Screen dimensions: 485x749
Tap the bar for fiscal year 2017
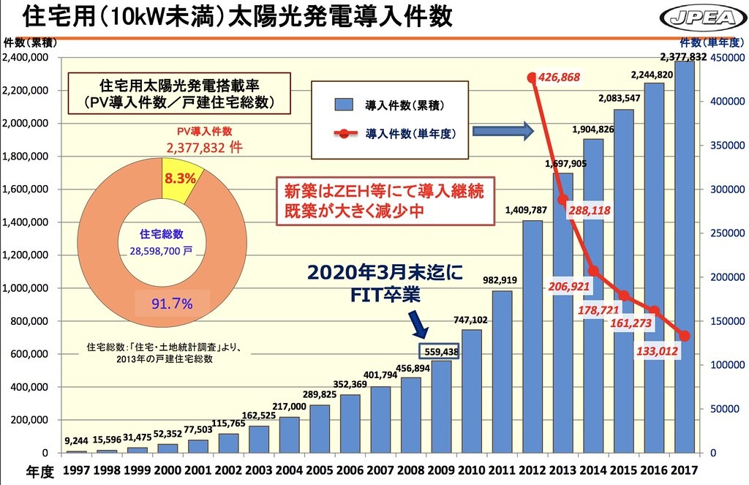point(685,256)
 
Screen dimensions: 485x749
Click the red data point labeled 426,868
point(532,77)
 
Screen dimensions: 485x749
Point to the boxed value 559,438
point(440,351)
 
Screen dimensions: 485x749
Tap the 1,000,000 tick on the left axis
point(29,288)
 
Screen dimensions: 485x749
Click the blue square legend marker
point(344,106)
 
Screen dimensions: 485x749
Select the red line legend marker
point(345,134)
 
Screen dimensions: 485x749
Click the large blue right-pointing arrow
point(501,131)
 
